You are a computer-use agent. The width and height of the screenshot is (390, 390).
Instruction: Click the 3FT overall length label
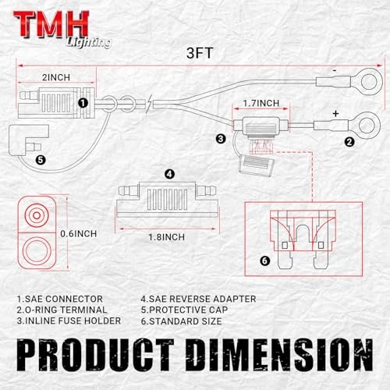click(x=200, y=53)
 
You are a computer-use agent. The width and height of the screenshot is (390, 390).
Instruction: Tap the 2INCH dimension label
click(x=56, y=77)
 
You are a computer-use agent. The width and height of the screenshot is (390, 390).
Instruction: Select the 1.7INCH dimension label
click(x=261, y=103)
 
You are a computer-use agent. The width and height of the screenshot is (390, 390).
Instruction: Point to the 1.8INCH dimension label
click(x=166, y=237)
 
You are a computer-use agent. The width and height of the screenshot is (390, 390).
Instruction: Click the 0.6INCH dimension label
click(x=79, y=234)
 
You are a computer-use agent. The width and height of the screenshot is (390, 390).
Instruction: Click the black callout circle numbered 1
click(x=83, y=103)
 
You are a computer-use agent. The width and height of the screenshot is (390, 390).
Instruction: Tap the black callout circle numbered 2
click(x=349, y=142)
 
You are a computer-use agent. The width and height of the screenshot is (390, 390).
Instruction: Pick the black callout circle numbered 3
click(x=221, y=139)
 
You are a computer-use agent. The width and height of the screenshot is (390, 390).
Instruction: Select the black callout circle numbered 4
click(x=170, y=174)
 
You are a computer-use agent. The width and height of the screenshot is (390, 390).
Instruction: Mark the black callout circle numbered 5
click(x=41, y=160)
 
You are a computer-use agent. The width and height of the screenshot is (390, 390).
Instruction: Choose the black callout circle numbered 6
click(x=265, y=261)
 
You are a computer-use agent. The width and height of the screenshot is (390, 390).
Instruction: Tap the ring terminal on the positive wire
click(x=376, y=126)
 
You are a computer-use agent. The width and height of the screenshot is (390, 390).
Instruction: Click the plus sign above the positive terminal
click(x=335, y=114)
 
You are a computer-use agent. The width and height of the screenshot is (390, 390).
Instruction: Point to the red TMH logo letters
click(x=51, y=24)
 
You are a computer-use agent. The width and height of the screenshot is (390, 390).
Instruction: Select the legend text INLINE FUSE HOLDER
click(x=73, y=321)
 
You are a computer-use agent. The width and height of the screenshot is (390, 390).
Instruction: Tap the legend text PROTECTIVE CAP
click(x=189, y=310)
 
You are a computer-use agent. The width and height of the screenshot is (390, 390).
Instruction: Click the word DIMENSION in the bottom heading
click(x=280, y=354)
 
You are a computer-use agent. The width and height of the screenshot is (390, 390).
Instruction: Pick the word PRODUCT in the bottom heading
click(x=95, y=354)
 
